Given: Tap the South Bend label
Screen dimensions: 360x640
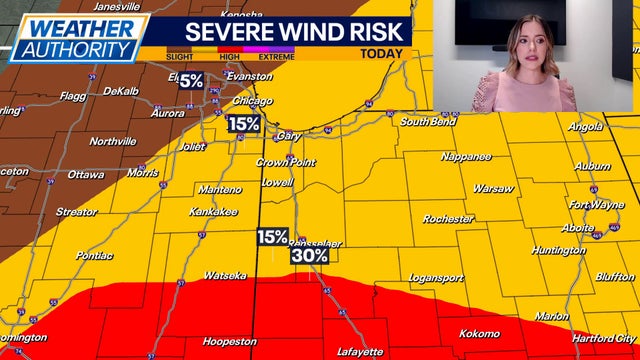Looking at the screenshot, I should click(x=428, y=122).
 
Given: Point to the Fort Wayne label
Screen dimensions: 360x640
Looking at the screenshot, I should click(x=595, y=205).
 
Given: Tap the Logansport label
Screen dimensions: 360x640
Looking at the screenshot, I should click(x=438, y=277).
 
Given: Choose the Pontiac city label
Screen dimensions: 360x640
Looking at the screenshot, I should click(x=94, y=256).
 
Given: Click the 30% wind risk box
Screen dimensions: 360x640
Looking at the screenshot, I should click(x=310, y=255).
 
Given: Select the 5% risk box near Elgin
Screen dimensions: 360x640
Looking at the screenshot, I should click(x=191, y=80).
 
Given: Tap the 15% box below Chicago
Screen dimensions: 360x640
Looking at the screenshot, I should click(x=244, y=124).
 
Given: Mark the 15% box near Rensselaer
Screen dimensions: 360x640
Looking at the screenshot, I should click(x=272, y=237).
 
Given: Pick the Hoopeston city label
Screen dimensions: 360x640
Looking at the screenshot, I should click(x=230, y=341).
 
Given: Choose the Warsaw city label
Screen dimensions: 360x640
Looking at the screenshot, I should click(x=493, y=188).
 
